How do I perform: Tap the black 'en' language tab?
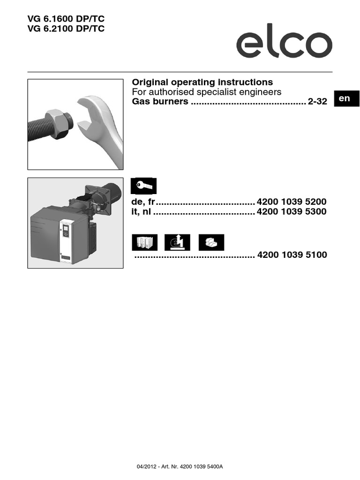[x=344, y=98]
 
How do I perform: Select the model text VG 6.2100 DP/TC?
[x=66, y=29]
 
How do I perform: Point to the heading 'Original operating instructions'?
[x=202, y=82]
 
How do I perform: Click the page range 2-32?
[x=317, y=102]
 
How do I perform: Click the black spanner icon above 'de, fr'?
[x=143, y=186]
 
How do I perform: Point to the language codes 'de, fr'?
[x=142, y=202]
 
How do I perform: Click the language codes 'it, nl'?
[x=141, y=212]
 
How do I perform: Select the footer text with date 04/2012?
[x=180, y=467]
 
